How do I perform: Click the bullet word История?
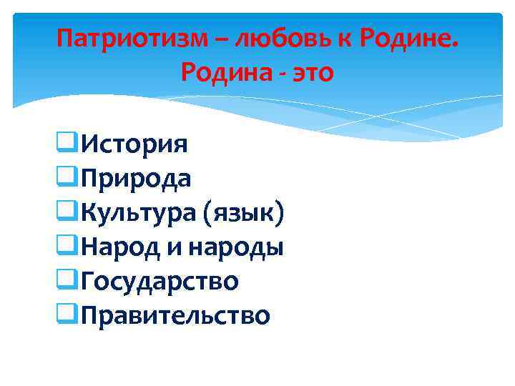134,144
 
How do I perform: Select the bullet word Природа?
136,179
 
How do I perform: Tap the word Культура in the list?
139,213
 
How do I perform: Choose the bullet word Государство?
160,282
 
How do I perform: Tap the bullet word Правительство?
175,315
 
